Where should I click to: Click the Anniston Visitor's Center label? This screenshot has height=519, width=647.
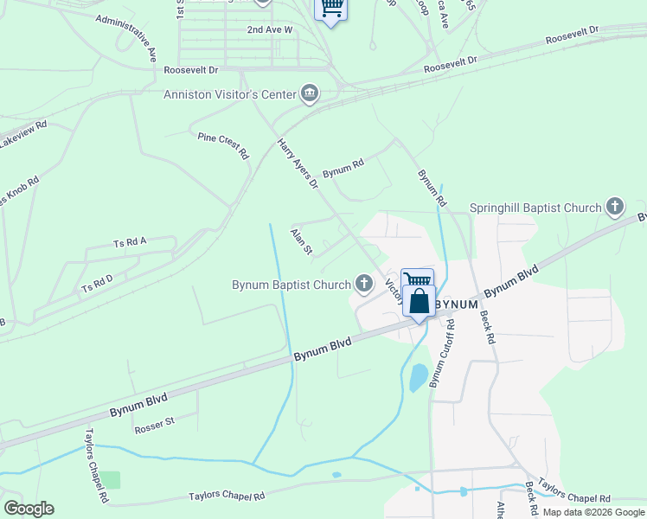[229, 94]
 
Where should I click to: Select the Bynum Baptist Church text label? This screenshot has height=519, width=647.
[291, 285]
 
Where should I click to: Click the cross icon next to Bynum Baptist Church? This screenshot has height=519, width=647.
[364, 283]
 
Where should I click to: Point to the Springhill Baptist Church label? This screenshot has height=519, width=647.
[535, 208]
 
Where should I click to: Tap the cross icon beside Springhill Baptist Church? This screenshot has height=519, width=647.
[614, 207]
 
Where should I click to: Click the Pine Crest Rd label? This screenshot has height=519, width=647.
[223, 146]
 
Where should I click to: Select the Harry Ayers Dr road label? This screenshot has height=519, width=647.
[298, 163]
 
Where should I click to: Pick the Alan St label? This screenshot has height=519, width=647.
[301, 240]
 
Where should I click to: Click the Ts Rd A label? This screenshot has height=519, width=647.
[130, 244]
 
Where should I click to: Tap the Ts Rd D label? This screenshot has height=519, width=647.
[97, 282]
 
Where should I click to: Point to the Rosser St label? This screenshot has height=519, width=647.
[154, 425]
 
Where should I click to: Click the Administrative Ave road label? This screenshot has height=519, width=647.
[126, 37]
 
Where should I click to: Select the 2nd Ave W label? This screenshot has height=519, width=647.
[270, 29]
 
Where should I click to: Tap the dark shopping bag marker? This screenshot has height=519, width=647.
[419, 303]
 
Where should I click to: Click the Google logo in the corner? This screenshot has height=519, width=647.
[29, 509]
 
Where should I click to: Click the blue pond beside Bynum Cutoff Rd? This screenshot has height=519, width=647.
[418, 377]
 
